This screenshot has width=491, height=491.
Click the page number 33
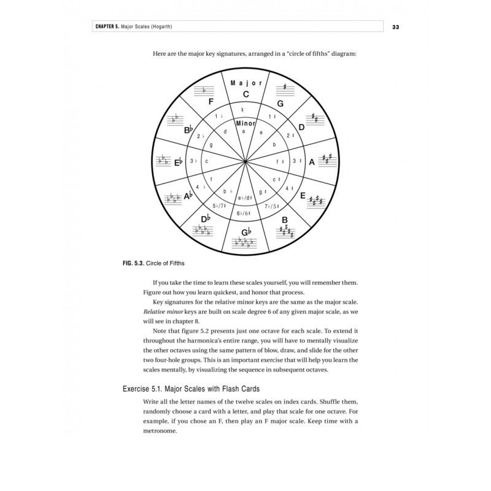pyautogui.click(x=396, y=27)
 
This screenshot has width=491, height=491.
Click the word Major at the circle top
pyautogui.click(x=245, y=83)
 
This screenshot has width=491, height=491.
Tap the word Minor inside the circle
pyautogui.click(x=245, y=123)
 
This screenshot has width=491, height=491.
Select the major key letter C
pyautogui.click(x=245, y=94)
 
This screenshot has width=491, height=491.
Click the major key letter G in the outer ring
pyautogui.click(x=280, y=104)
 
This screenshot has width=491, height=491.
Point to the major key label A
pyautogui.click(x=311, y=163)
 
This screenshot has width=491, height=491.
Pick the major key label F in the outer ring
pyautogui.click(x=211, y=104)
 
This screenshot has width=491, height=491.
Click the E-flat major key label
pyautogui.click(x=179, y=163)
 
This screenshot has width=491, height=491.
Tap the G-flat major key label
pyautogui.click(x=245, y=232)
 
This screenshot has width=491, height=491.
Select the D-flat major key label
pyautogui.click(x=206, y=219)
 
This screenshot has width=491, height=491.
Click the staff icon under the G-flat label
pyautogui.click(x=245, y=244)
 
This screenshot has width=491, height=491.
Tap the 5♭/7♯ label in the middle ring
pyautogui.click(x=220, y=206)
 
